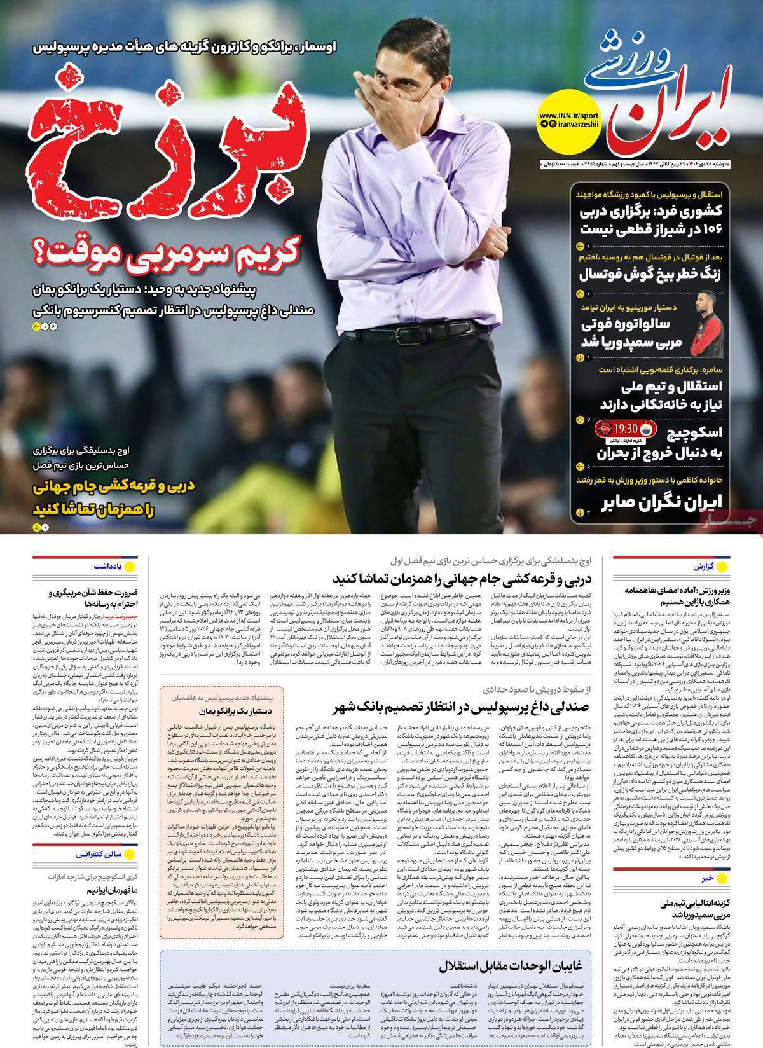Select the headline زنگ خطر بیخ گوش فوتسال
pyautogui.click(x=652, y=275)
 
